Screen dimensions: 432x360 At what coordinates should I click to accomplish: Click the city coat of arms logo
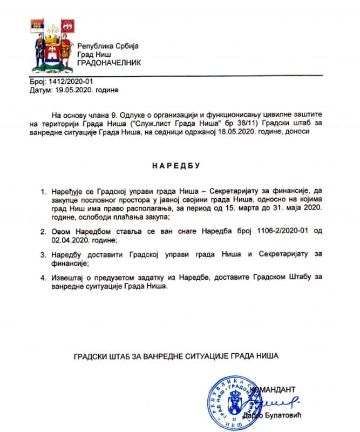coord(51,46)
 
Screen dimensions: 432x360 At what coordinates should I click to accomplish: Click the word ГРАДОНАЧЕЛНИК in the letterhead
coord(110,63)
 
